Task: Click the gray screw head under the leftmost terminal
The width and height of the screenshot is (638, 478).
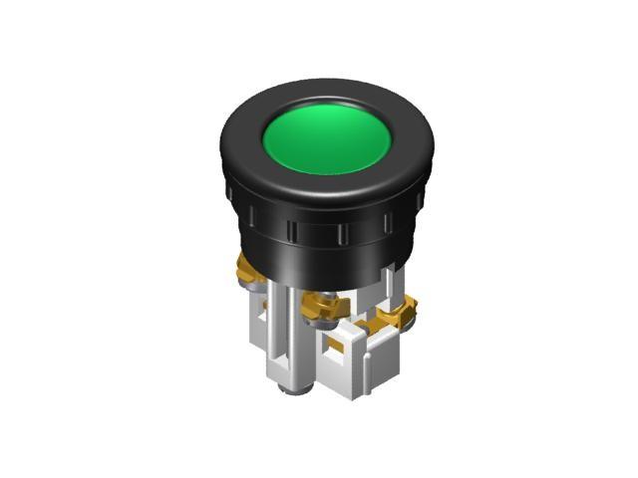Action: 255,288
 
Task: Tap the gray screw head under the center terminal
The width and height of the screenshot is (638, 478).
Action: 322,325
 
